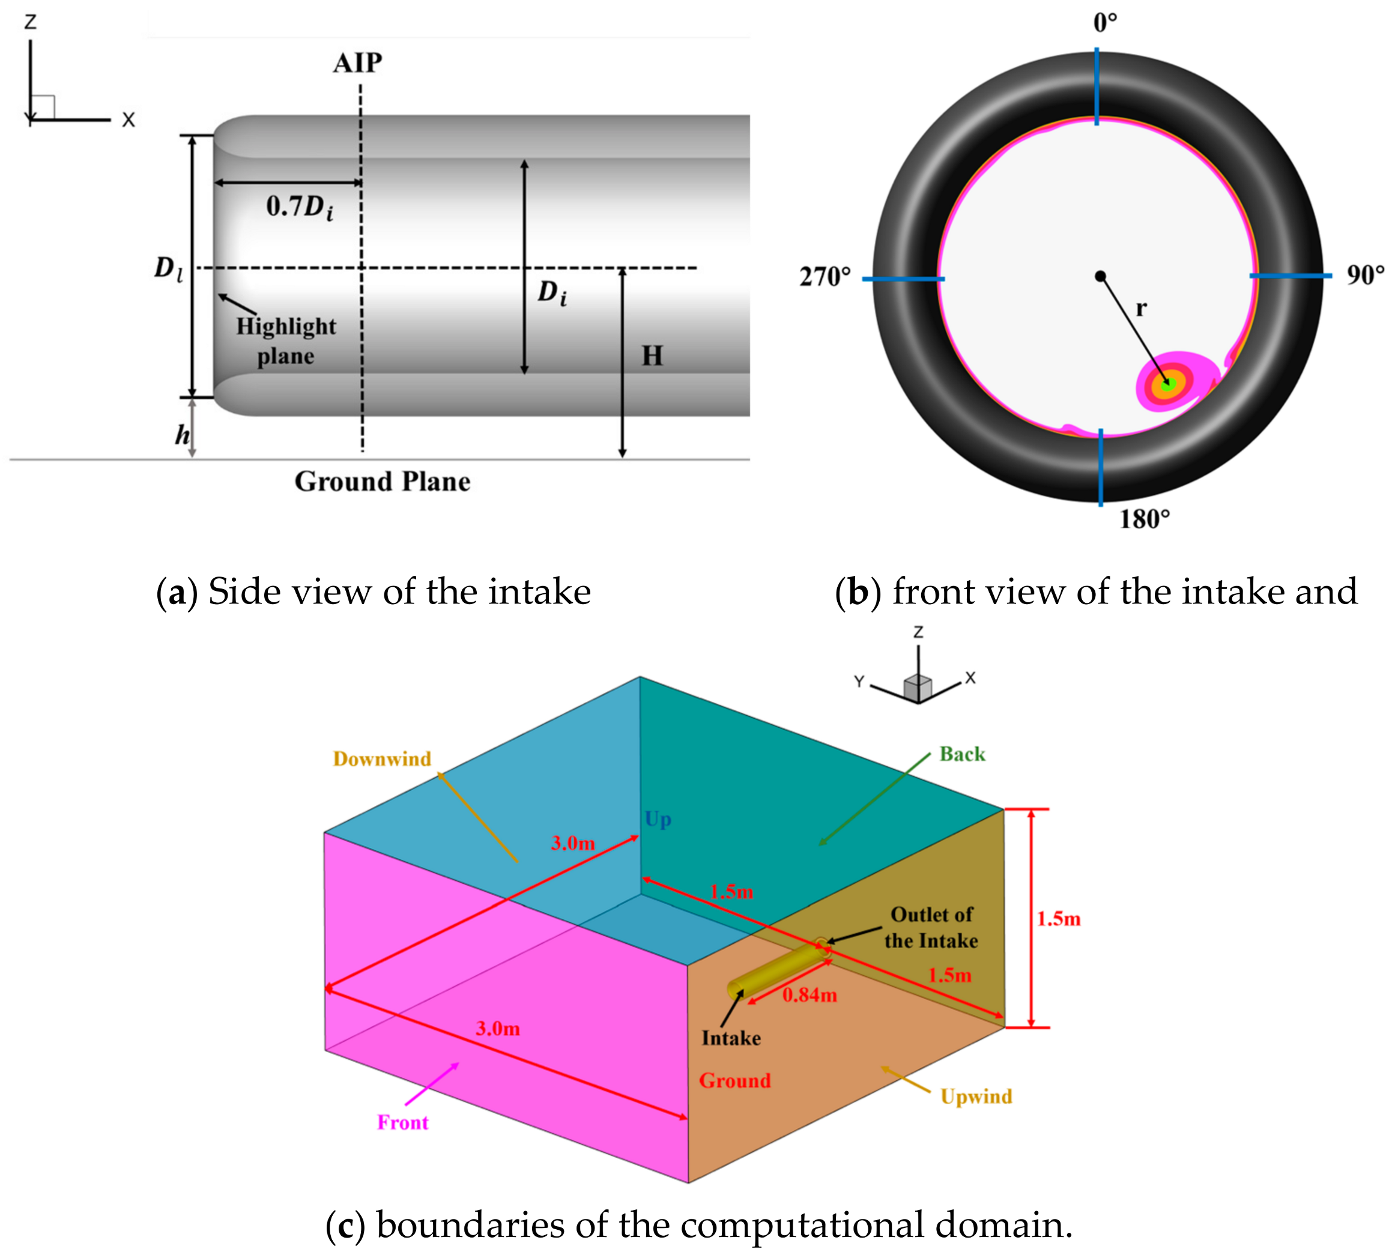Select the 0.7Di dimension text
pyautogui.click(x=300, y=207)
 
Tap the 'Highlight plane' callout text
pyautogui.click(x=286, y=341)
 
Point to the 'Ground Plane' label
pyautogui.click(x=382, y=481)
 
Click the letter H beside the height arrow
pyautogui.click(x=652, y=356)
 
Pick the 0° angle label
pyautogui.click(x=1105, y=23)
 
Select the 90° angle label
pyautogui.click(x=1365, y=276)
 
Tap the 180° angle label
pyautogui.click(x=1144, y=519)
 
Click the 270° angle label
pyautogui.click(x=825, y=277)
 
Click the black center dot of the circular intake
pyautogui.click(x=1100, y=277)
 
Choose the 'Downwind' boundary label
pyautogui.click(x=382, y=759)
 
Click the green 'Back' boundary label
pyautogui.click(x=962, y=754)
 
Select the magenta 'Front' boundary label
pyautogui.click(x=402, y=1123)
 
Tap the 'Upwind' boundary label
pyautogui.click(x=976, y=1096)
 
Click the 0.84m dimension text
pyautogui.click(x=809, y=995)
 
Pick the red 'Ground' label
pyautogui.click(x=734, y=1080)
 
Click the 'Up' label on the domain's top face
pyautogui.click(x=658, y=820)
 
